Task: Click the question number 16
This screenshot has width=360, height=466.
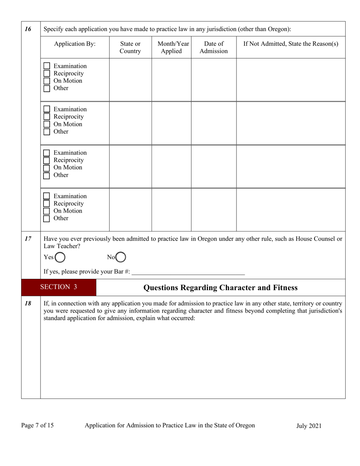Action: pyautogui.click(x=28, y=29)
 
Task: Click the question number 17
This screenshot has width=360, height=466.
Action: pyautogui.click(x=28, y=239)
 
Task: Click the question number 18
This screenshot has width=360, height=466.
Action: pyautogui.click(x=28, y=303)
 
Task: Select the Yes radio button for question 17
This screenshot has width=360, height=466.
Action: pyautogui.click(x=59, y=257)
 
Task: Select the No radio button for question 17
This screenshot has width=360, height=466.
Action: pyautogui.click(x=121, y=257)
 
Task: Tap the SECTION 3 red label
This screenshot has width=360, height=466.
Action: pyautogui.click(x=59, y=287)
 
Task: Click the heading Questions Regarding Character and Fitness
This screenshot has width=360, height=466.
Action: pyautogui.click(x=221, y=288)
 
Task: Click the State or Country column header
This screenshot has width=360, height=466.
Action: pyautogui.click(x=130, y=47)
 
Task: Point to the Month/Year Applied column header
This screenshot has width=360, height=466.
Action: pyautogui.click(x=171, y=47)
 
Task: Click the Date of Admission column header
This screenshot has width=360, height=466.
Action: pyautogui.click(x=214, y=47)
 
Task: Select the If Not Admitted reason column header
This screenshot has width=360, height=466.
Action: pyautogui.click(x=291, y=44)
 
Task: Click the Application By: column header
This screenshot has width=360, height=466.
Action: pyautogui.click(x=75, y=44)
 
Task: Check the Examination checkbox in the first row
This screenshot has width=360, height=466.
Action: pyautogui.click(x=47, y=66)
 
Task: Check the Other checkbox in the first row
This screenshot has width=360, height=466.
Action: pyautogui.click(x=47, y=89)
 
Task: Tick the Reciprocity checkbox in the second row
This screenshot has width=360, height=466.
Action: pyautogui.click(x=47, y=117)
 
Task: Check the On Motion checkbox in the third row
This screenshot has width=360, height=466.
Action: pyautogui.click(x=47, y=168)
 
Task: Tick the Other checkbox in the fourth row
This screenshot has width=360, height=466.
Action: pyautogui.click(x=47, y=219)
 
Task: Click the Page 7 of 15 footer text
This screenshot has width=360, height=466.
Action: pyautogui.click(x=37, y=425)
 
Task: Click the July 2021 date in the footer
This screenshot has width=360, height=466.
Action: pyautogui.click(x=308, y=425)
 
